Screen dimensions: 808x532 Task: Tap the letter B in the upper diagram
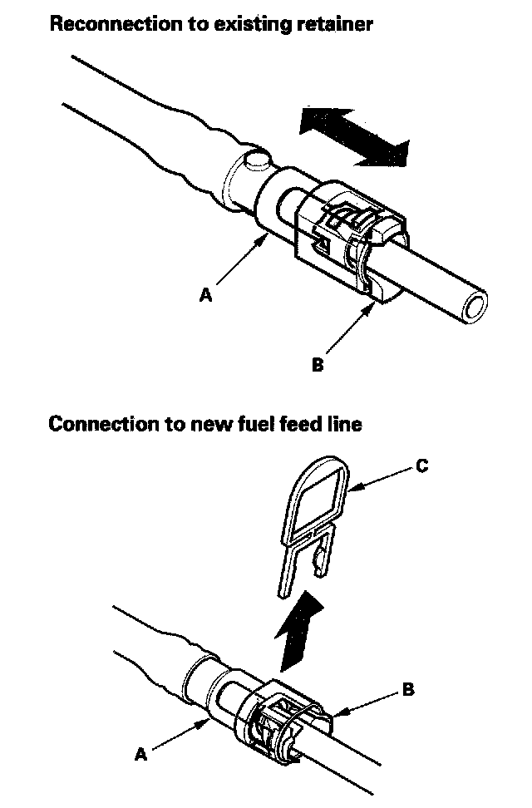coord(317,364)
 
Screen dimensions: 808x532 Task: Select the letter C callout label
coord(421,466)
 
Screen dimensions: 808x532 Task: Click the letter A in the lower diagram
coord(140,754)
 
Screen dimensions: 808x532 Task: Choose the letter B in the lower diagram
coord(406,689)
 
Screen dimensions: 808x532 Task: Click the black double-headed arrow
coord(355,136)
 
